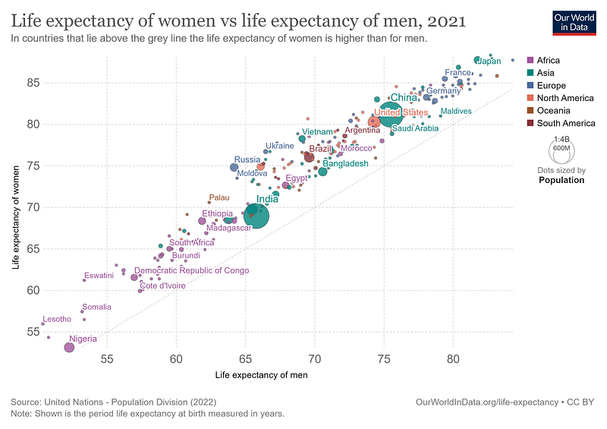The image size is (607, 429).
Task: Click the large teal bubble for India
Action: click(257, 216)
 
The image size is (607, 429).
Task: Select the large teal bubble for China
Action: click(390, 115)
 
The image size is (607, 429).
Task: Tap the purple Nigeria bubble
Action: click(69, 347)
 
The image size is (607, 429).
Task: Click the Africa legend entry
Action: click(548, 60)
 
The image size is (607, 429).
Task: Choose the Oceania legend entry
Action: click(553, 110)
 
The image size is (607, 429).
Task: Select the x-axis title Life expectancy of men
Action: click(261, 375)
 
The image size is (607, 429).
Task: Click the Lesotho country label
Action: click(57, 319)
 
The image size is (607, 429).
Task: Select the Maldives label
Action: click(456, 112)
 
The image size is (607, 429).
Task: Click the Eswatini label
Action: click(99, 276)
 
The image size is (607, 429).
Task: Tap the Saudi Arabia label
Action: click(415, 128)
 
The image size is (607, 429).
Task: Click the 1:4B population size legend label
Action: click(561, 140)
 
